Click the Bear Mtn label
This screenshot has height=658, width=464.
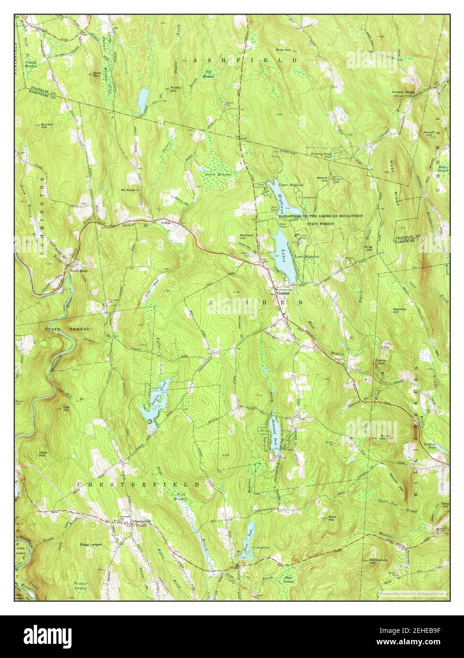coord(97,74)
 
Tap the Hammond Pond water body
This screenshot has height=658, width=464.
coord(273,433)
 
